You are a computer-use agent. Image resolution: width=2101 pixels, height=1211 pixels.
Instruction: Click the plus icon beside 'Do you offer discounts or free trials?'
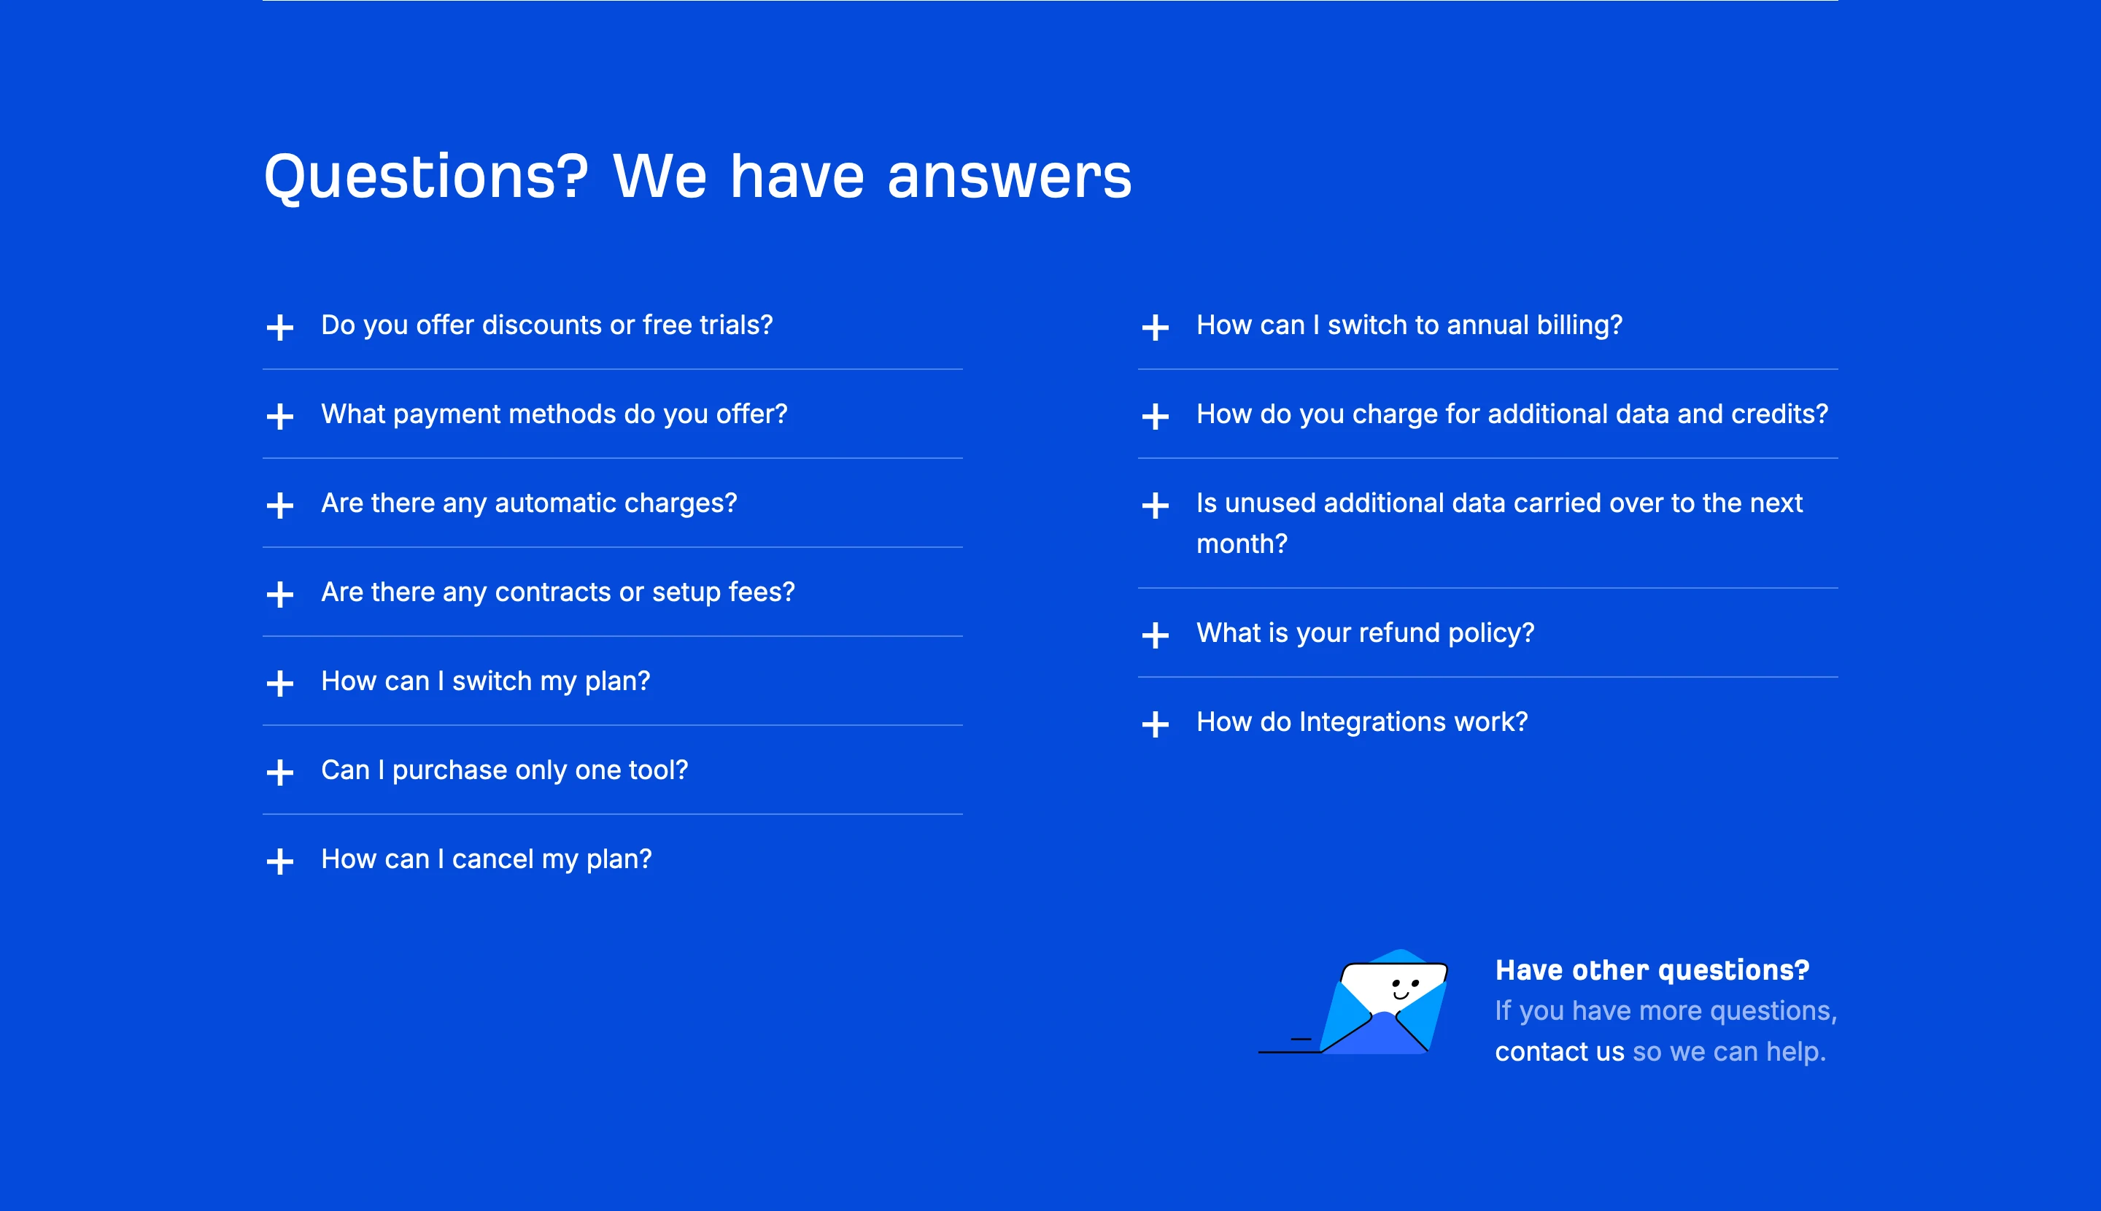(280, 327)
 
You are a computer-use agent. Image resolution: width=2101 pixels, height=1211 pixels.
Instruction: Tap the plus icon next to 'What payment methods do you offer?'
(280, 416)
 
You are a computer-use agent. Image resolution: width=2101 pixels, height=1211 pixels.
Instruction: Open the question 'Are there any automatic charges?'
(529, 503)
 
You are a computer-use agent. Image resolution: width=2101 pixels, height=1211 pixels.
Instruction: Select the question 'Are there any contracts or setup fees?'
(557, 592)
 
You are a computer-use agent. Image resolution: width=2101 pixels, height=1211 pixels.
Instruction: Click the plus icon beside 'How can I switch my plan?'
(280, 683)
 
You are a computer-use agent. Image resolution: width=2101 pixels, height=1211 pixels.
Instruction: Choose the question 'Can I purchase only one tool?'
(504, 770)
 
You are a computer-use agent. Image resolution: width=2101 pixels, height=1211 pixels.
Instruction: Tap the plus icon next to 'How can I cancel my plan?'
(280, 861)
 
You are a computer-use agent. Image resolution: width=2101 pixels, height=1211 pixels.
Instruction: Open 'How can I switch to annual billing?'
(1408, 325)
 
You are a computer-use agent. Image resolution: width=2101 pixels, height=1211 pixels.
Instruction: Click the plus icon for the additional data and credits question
(1156, 416)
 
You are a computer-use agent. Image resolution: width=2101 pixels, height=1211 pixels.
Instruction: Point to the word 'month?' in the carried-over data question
(1241, 544)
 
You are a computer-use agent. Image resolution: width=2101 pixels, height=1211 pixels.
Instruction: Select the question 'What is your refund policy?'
(1365, 633)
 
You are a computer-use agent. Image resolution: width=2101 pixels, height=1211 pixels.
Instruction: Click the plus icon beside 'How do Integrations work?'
(1156, 724)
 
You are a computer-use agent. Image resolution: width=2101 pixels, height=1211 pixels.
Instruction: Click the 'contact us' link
(1559, 1052)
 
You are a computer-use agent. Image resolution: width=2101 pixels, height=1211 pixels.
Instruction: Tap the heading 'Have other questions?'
(1652, 970)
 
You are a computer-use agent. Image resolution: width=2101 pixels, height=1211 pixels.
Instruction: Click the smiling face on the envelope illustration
(1405, 988)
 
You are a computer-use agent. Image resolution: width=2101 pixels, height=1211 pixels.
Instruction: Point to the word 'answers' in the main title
(1009, 177)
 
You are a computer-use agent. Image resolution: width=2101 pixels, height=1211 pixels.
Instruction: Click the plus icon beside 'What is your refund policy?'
(1156, 635)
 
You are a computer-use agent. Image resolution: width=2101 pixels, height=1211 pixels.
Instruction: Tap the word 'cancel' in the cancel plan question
(492, 859)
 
